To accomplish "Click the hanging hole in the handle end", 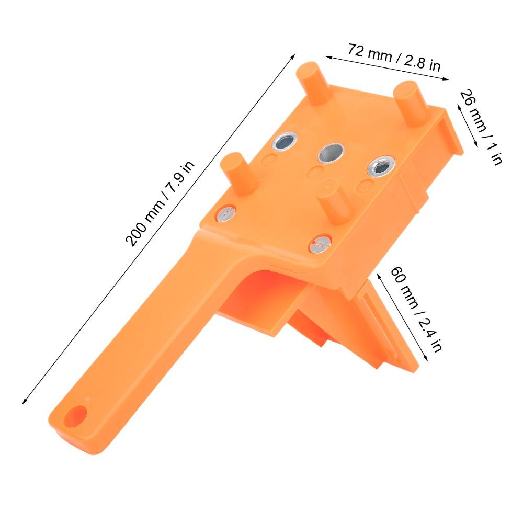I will click(x=77, y=413).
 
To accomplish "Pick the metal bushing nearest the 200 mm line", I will click(x=285, y=140).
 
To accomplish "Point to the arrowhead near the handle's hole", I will click(x=24, y=402).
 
